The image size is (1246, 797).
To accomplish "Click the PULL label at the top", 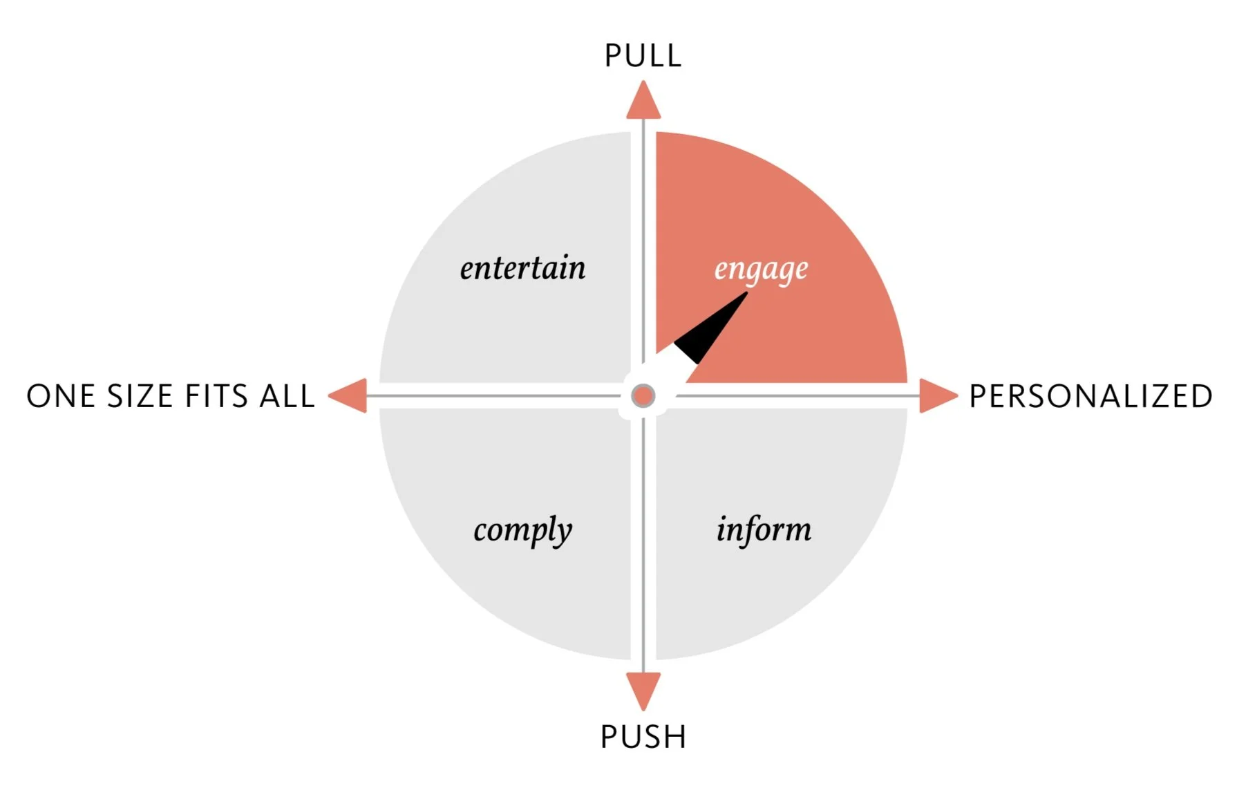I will point(643,56).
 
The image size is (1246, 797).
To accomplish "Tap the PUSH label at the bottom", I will point(643,737).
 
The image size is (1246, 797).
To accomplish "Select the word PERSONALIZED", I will point(1091,397).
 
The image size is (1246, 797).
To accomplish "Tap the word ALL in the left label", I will point(287,397).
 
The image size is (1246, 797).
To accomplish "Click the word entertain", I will point(522,268).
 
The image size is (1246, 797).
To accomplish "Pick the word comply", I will point(522,531).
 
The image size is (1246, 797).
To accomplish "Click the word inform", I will point(764,529).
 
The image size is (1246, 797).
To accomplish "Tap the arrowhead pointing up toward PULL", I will point(643,102).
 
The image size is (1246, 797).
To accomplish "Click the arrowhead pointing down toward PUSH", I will point(643,690).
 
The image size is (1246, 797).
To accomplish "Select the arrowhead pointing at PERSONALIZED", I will point(936,396).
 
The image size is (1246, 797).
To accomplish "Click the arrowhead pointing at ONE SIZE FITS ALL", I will point(349,396).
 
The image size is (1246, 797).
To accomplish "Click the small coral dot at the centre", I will point(643,396).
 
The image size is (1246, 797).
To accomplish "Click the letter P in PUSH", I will point(609,737).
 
